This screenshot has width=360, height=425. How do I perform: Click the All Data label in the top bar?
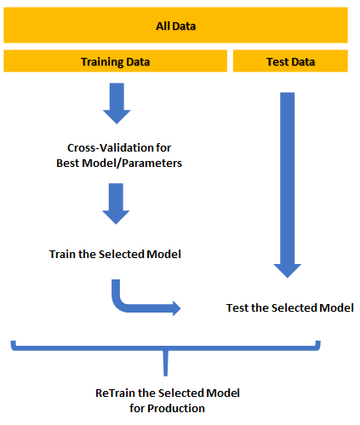pos(176,26)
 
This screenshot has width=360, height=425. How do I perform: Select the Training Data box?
pos(116,62)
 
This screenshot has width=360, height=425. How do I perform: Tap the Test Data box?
pos(290,62)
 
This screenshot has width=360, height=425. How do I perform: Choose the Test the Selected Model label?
pos(290,307)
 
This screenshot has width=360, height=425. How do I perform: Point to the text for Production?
pos(168,408)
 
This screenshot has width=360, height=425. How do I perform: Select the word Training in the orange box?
pos(100,62)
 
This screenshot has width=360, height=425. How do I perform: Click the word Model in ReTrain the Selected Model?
pos(223,393)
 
